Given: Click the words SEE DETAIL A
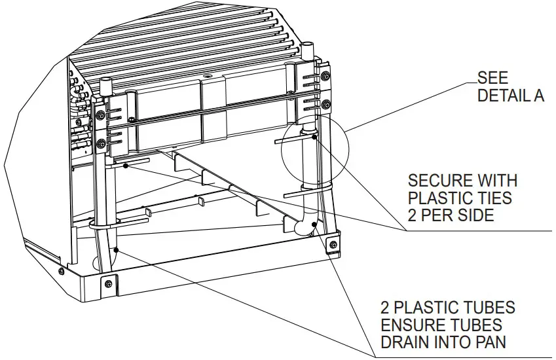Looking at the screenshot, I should (x=510, y=86).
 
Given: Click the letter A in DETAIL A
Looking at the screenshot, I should (x=538, y=96).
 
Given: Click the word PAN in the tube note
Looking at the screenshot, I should (x=493, y=342).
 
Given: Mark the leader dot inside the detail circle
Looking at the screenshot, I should (x=315, y=137).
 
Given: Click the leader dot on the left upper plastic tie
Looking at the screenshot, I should (x=125, y=166).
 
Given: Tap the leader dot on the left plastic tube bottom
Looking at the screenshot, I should (x=117, y=249).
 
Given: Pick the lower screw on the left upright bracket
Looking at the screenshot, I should (x=100, y=143).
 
